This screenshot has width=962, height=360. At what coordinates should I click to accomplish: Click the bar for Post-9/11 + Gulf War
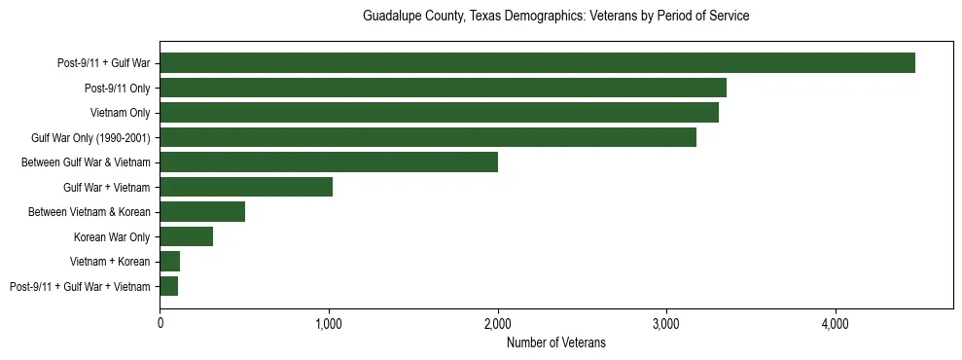pyautogui.click(x=537, y=63)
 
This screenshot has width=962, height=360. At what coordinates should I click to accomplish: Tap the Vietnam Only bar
pyautogui.click(x=439, y=113)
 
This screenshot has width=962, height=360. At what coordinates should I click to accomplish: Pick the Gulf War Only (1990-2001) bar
pyautogui.click(x=428, y=137)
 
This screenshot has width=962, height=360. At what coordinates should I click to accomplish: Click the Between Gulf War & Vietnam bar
pyautogui.click(x=329, y=162)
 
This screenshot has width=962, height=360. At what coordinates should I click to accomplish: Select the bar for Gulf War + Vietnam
pyautogui.click(x=246, y=187)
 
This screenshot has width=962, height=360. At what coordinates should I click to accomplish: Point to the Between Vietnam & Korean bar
pyautogui.click(x=202, y=212)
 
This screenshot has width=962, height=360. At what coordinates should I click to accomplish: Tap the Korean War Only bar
pyautogui.click(x=186, y=236)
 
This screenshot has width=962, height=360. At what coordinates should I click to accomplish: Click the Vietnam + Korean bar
pyautogui.click(x=169, y=262)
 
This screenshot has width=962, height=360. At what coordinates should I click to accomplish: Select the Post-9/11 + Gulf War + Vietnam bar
pyautogui.click(x=168, y=286)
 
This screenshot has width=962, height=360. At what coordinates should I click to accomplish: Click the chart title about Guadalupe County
pyautogui.click(x=555, y=17)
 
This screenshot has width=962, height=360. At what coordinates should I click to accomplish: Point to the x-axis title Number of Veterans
pyautogui.click(x=555, y=342)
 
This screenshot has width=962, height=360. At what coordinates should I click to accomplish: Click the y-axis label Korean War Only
pyautogui.click(x=112, y=236)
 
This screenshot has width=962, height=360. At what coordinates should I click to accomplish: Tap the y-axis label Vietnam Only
pyautogui.click(x=120, y=113)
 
